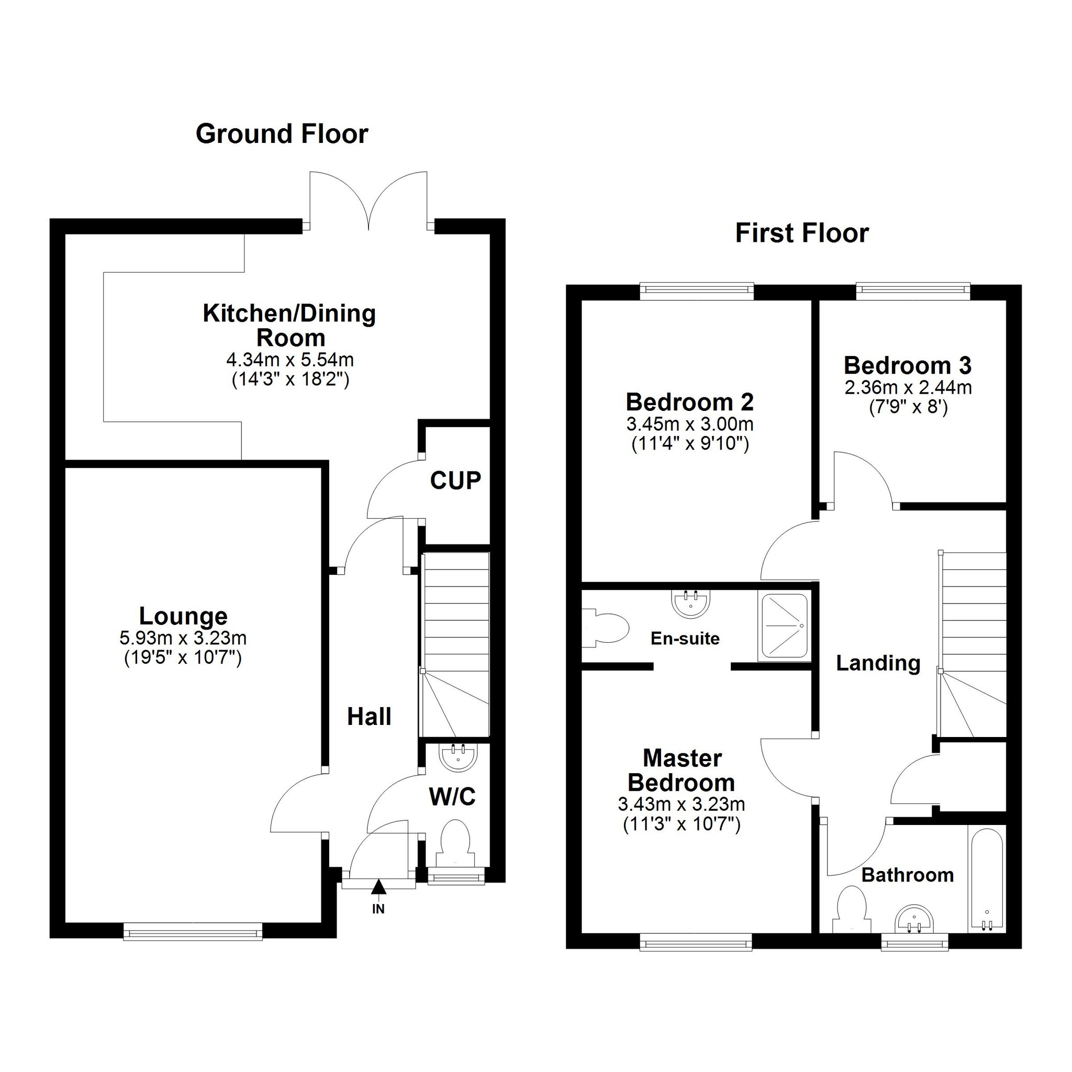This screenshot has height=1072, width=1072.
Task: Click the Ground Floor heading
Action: click(282, 135)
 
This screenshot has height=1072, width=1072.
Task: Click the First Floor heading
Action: click(802, 233)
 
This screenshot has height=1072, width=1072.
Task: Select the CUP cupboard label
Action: click(455, 481)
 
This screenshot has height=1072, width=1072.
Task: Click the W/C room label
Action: click(452, 797)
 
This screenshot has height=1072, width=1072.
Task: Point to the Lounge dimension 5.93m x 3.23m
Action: click(183, 638)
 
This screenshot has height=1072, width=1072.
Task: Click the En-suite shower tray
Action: click(783, 628)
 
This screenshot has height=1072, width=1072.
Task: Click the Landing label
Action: click(878, 664)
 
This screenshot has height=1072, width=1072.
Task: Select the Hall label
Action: click(369, 717)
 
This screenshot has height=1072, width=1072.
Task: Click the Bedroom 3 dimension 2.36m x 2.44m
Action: click(908, 387)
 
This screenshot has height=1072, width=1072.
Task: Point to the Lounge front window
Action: click(193, 932)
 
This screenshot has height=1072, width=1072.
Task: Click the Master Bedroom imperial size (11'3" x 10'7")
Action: click(682, 825)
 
